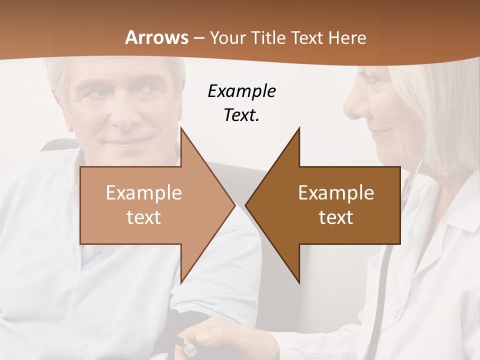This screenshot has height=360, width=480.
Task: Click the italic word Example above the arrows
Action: [x=241, y=91]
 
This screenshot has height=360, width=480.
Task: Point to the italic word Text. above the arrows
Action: [x=241, y=115]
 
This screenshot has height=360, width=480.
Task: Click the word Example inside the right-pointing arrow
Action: [x=144, y=193]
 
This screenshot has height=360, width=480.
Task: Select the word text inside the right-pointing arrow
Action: [x=144, y=217]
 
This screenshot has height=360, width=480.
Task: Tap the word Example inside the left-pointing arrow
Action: [x=336, y=193]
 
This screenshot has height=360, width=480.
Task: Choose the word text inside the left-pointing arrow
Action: [x=336, y=217]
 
